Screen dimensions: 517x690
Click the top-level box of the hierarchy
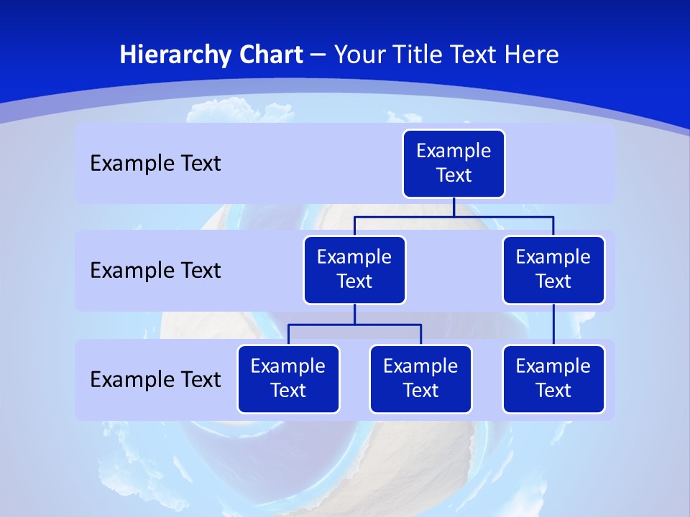[454, 164]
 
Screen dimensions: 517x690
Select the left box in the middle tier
[354, 270]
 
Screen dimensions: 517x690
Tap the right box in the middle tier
[553, 270]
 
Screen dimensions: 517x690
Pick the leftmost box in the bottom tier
[288, 379]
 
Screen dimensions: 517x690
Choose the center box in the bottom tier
[420, 379]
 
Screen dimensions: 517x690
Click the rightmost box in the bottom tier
[553, 379]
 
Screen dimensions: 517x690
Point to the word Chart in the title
[267, 55]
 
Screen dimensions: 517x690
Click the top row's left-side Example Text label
[155, 164]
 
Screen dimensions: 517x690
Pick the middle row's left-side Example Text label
[155, 271]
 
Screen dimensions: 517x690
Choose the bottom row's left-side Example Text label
[155, 380]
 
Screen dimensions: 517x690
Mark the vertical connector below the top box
[454, 207]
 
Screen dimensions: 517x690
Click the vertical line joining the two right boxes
[553, 325]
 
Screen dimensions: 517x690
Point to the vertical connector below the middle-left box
[354, 315]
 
